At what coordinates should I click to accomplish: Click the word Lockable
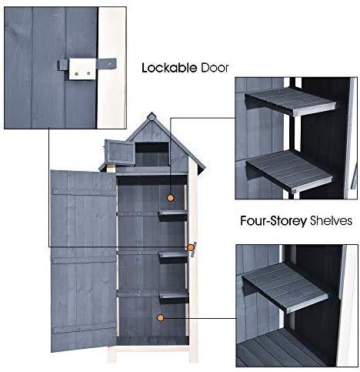tap(169, 68)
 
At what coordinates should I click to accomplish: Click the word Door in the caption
tap(215, 68)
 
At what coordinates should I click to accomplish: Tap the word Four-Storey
tap(273, 221)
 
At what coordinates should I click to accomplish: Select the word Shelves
tap(331, 220)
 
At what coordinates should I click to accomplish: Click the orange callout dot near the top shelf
tap(170, 198)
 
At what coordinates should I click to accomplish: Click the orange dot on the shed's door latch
tap(191, 247)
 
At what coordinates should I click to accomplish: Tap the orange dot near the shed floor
tap(161, 318)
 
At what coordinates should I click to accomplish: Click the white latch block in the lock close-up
tap(82, 69)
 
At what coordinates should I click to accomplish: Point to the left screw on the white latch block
tap(76, 74)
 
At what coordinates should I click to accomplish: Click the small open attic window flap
tap(119, 152)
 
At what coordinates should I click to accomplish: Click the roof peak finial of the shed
tap(152, 116)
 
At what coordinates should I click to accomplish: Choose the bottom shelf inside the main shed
tap(174, 295)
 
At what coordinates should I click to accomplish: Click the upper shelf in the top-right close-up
tap(291, 101)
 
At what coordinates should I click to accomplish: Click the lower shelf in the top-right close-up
tap(289, 170)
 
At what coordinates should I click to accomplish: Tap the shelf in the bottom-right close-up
tap(285, 287)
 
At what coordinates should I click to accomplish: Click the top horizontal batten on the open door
tap(84, 193)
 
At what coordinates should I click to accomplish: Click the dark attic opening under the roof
tap(152, 154)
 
